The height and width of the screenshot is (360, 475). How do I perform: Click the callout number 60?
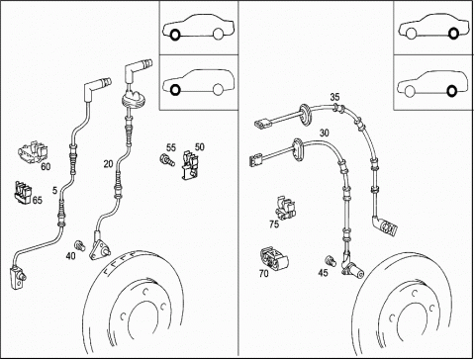click(46, 167)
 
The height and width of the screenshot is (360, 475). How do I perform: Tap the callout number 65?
click(38, 200)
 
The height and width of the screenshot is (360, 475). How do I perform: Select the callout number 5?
click(54, 191)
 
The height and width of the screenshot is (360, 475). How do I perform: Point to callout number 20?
click(108, 164)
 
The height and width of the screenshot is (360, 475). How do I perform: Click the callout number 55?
click(171, 147)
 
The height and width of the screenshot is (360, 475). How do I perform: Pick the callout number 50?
click(200, 146)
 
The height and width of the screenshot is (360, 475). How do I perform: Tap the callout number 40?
click(70, 256)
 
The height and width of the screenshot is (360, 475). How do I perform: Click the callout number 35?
click(334, 97)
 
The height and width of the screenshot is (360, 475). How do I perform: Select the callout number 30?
click(325, 133)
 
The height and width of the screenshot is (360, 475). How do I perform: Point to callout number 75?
click(274, 225)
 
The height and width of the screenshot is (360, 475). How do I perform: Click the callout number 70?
click(264, 273)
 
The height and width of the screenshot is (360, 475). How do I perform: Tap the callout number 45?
click(324, 273)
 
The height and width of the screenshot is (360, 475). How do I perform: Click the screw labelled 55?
click(167, 160)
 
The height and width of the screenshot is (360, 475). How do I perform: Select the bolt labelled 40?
click(80, 245)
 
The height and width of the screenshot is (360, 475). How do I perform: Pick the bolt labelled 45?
click(331, 261)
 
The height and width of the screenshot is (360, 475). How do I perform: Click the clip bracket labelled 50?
click(190, 165)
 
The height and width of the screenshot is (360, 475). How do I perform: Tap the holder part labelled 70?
click(274, 259)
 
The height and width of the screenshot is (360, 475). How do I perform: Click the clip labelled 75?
click(285, 208)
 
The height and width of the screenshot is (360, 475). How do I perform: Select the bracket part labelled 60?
click(33, 152)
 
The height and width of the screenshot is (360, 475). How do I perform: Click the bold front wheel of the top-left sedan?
click(175, 34)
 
